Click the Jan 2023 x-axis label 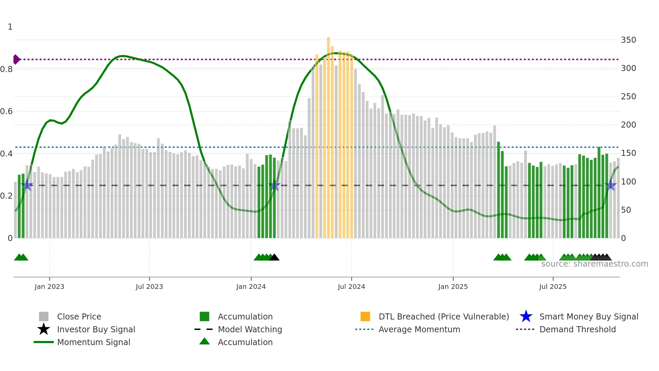49,286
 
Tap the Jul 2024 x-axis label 351,286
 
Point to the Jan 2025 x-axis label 453,286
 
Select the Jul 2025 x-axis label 553,286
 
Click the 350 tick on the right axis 628,40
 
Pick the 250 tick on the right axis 628,97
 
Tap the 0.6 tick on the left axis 6,111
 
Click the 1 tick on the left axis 10,27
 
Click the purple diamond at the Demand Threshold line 16,59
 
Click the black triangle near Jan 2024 274,257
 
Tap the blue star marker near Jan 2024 274,185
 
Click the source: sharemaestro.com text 594,264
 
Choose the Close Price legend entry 79,316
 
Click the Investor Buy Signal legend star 44,329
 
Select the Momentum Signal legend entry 93,342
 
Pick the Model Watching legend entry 249,329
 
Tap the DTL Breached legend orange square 365,316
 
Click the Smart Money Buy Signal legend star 526,316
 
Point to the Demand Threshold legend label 577,329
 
